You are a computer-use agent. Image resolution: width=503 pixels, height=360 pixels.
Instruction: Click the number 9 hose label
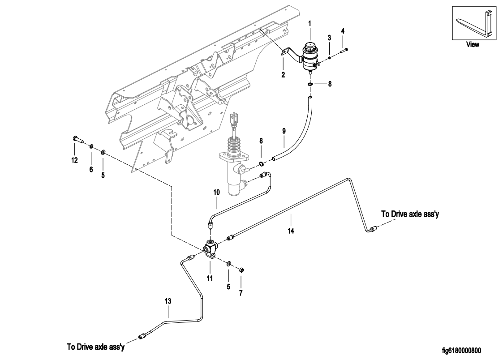284,133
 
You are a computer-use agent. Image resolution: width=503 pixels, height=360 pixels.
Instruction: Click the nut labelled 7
240,270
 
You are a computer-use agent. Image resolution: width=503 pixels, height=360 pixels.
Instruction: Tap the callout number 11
209,278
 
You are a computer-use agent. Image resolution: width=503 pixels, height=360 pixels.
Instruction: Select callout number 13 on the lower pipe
168,302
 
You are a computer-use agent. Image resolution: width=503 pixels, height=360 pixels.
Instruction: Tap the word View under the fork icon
473,44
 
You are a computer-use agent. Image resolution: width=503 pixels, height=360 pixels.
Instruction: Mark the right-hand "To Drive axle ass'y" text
409,214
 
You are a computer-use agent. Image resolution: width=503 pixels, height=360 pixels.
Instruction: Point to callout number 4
343,31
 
